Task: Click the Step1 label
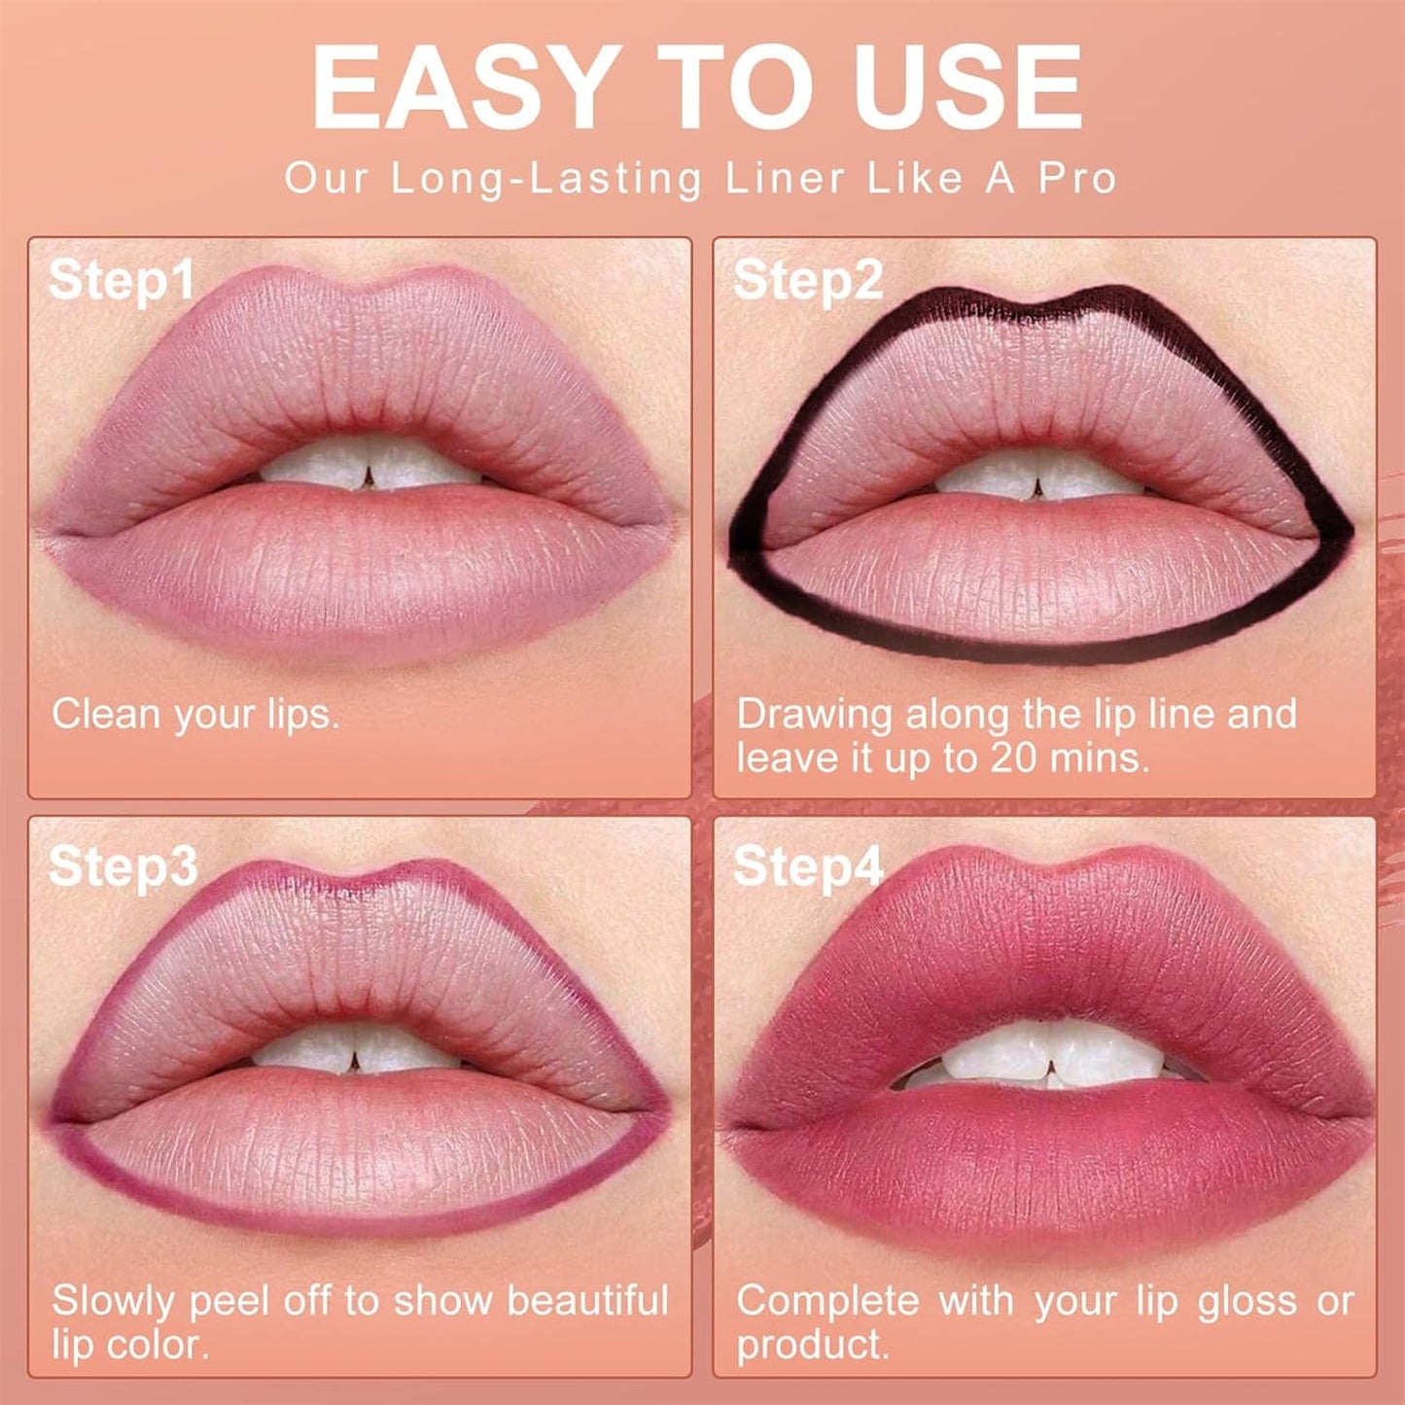(122, 280)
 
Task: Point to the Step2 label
(807, 280)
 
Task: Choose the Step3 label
(123, 864)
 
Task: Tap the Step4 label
(808, 864)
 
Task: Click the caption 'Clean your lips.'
(195, 715)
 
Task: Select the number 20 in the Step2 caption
(1014, 757)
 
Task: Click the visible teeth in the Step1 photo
(369, 468)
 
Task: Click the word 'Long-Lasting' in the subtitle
(546, 179)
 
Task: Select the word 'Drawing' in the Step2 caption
(815, 715)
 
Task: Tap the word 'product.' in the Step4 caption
(813, 1345)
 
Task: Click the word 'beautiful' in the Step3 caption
(587, 1301)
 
